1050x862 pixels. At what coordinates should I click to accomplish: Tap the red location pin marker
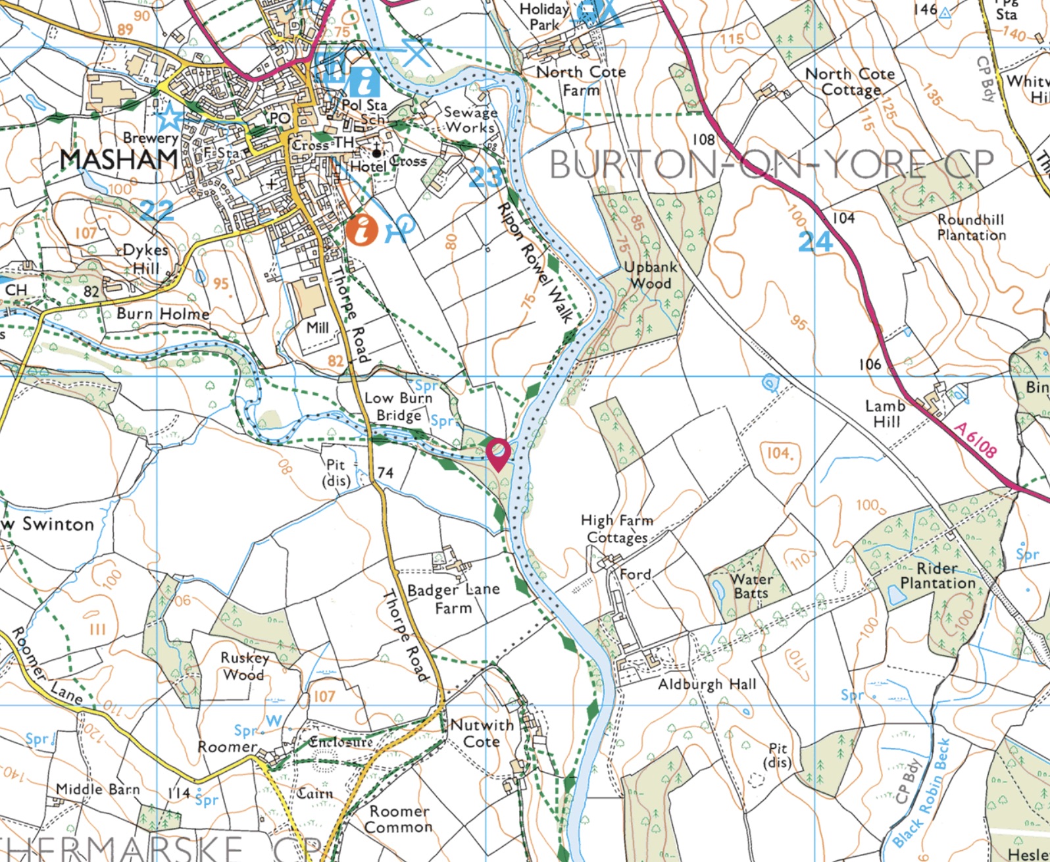[499, 453]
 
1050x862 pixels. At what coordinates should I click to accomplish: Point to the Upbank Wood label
[647, 276]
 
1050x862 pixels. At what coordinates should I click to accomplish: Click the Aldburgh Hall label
[707, 684]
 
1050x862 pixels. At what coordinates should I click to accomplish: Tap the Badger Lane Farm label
[453, 598]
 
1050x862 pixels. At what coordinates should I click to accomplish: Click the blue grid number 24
[816, 242]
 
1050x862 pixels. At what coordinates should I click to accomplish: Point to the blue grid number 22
[157, 210]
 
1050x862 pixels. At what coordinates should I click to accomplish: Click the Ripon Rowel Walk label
[534, 262]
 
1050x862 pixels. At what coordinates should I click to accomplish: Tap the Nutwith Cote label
[482, 733]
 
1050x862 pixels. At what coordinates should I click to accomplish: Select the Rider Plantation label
[938, 576]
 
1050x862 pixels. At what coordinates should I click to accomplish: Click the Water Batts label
[751, 586]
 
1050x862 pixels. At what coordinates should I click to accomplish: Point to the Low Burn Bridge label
[398, 407]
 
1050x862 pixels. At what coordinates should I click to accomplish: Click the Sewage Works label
[470, 120]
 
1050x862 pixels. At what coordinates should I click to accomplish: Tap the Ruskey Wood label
[244, 666]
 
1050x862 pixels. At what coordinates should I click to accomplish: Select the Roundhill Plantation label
[971, 227]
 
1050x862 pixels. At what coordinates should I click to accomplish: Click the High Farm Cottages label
[616, 528]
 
